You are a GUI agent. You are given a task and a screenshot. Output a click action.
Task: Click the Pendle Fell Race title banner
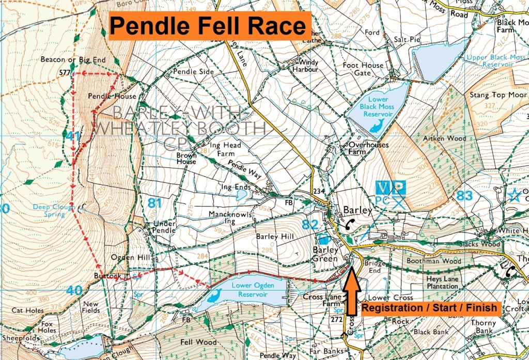tap(209, 25)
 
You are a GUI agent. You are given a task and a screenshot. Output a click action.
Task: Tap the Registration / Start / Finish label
tap(429, 308)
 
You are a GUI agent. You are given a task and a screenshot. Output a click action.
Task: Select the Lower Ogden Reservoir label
tap(252, 289)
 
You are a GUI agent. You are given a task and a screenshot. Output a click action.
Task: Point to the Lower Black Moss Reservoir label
tap(378, 106)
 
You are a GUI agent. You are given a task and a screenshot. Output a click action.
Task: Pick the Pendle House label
tap(112, 96)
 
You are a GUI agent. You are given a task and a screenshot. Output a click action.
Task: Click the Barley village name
tap(357, 210)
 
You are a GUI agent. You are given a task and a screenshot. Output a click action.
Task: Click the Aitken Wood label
tap(444, 138)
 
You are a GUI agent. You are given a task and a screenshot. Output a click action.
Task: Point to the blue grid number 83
tap(465, 195)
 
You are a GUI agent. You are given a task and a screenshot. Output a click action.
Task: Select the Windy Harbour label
tap(305, 66)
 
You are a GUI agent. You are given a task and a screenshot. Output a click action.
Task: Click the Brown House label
tap(186, 158)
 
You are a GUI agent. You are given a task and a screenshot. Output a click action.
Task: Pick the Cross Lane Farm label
tap(320, 301)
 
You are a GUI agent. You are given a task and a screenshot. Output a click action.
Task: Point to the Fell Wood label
tap(198, 342)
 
